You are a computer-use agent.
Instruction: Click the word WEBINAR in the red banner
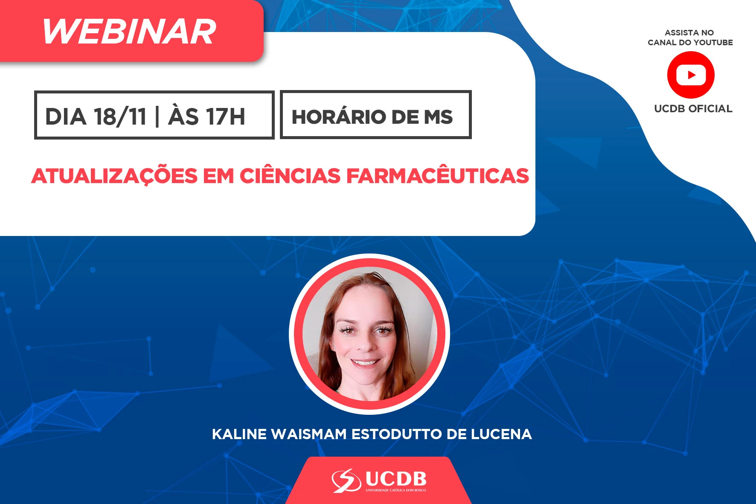coord(129,32)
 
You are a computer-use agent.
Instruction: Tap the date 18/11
coord(120,117)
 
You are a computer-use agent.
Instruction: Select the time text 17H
coord(226,117)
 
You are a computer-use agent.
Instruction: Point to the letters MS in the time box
coord(438,117)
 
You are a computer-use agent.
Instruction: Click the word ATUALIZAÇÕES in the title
coord(114,176)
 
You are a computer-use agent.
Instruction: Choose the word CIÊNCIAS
coord(290,175)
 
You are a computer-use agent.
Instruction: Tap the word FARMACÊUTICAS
coord(438,175)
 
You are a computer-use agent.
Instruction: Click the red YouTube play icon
coord(691,75)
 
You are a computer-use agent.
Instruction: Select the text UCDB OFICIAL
coord(693,109)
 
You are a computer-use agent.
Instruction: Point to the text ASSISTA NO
coord(689,33)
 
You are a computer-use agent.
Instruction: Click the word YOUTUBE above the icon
coord(713,43)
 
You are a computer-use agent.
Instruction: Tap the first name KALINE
coord(239,434)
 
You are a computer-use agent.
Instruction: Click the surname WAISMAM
coord(309,434)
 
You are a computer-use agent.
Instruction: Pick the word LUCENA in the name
coord(501,434)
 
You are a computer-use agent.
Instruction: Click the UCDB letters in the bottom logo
coord(396,479)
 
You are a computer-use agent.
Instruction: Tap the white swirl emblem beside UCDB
coord(346,481)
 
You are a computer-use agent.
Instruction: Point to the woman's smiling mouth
coord(365,363)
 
